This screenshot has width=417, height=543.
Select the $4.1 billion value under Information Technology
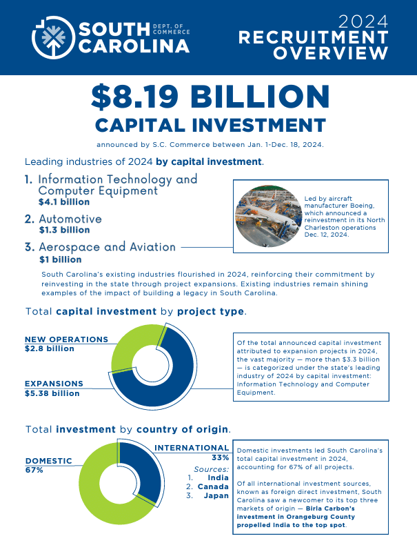tap(64, 202)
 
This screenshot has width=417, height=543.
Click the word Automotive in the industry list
tap(70, 219)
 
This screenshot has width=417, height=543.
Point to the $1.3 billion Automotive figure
tap(64, 230)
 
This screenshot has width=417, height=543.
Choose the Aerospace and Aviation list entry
tap(108, 247)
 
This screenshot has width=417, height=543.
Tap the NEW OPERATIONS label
tap(66, 339)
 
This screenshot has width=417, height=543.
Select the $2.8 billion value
tap(49, 349)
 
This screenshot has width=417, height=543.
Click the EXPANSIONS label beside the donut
tap(54, 384)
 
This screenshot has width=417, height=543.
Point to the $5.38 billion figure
tap(52, 393)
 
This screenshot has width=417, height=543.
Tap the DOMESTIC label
tap(48, 461)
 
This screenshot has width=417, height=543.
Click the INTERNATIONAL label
tap(192, 448)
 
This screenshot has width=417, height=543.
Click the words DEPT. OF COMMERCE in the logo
tap(170, 27)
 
